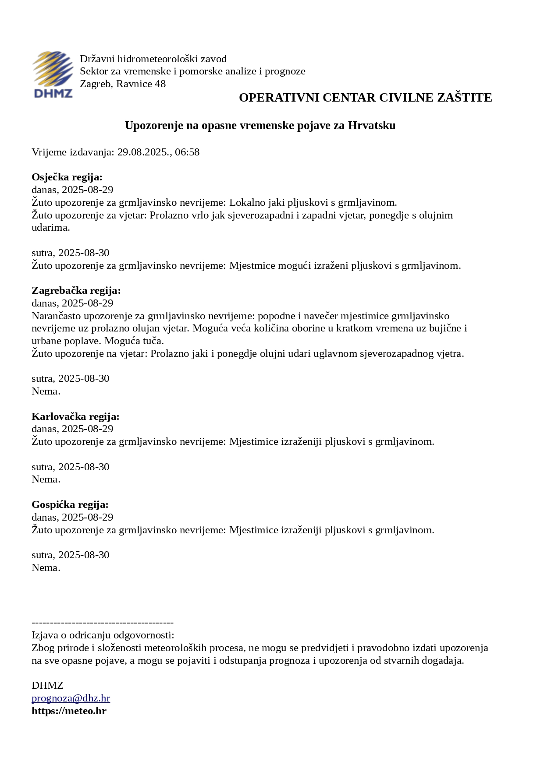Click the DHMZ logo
(53, 74)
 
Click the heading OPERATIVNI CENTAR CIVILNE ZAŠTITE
(365, 98)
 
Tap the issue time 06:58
(187, 152)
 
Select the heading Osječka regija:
(67, 177)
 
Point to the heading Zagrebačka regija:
(76, 291)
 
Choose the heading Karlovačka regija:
(75, 416)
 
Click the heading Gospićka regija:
(70, 505)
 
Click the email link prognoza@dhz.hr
(71, 698)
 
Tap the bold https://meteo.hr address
(69, 711)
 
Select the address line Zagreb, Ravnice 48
(123, 84)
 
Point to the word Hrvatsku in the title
(372, 126)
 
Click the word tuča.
(153, 341)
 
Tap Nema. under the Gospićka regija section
(46, 568)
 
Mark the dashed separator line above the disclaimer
(103, 623)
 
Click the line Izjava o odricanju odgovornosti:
(103, 635)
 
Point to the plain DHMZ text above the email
(47, 686)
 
